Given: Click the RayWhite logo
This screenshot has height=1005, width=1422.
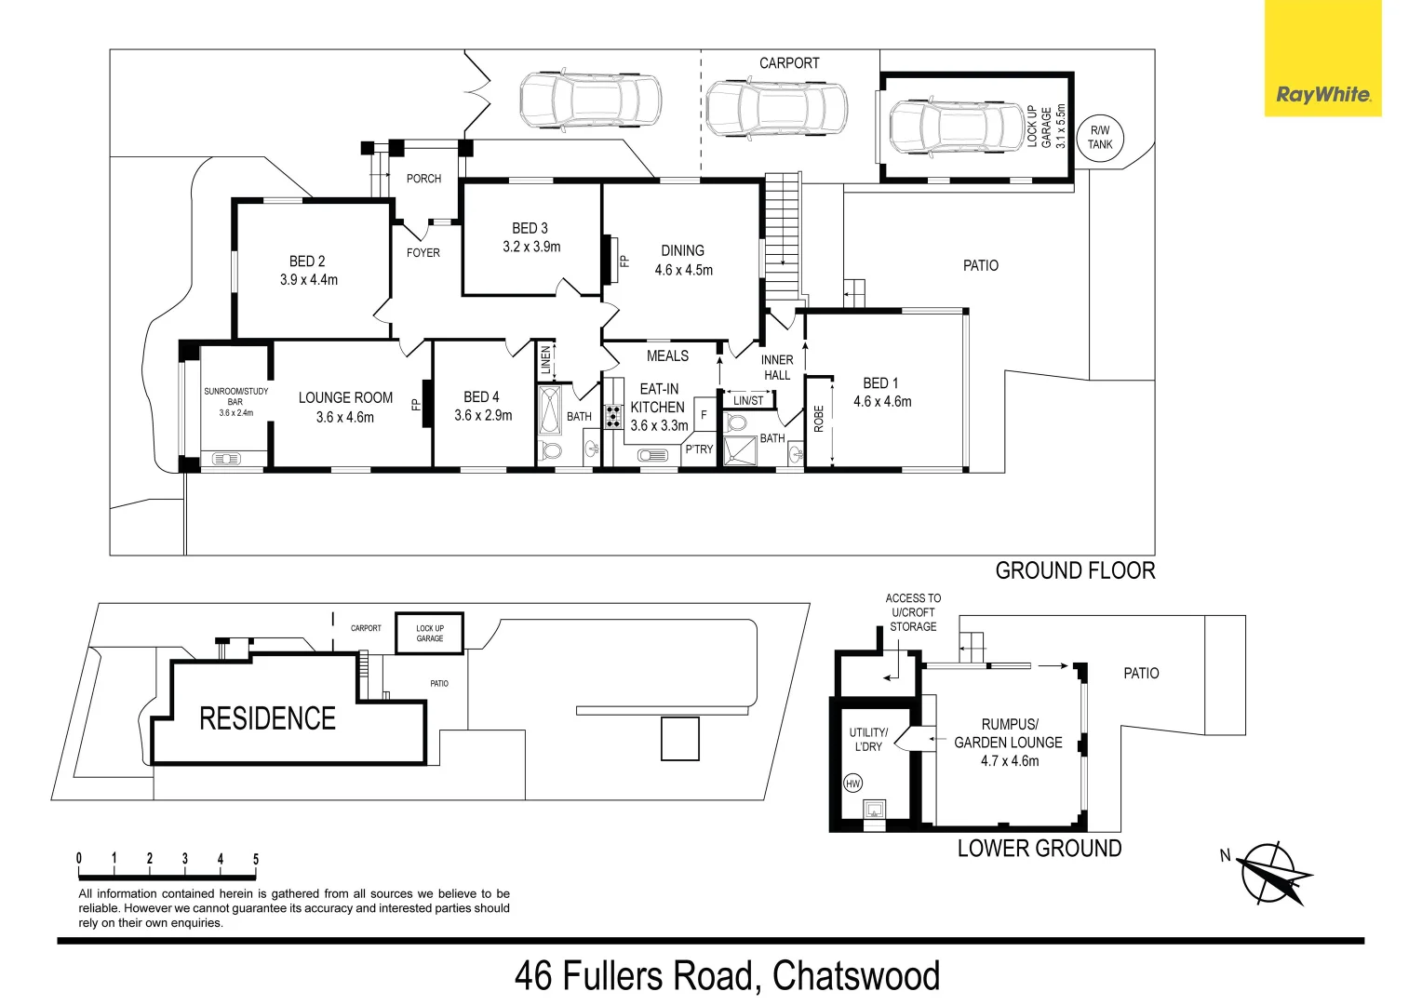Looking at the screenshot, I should click(x=1322, y=94).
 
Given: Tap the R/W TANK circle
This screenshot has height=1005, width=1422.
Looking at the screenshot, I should click(x=1100, y=138).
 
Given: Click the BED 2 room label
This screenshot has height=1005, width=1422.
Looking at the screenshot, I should click(x=307, y=261).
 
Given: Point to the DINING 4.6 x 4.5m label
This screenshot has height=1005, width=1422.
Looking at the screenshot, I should click(x=683, y=261).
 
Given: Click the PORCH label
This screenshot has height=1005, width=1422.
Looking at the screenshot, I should click(x=423, y=179).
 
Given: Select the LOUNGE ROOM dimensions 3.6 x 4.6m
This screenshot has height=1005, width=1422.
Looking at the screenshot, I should click(x=345, y=418).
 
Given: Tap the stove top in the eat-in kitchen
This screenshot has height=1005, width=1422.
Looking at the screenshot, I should click(x=613, y=416).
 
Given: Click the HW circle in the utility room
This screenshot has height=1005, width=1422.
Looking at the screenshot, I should click(x=852, y=784).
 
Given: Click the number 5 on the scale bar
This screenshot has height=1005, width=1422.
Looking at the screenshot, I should click(x=256, y=860).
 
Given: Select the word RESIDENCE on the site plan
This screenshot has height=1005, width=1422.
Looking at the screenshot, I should click(x=267, y=718).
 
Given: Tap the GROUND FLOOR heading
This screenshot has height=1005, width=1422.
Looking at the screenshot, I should click(x=1075, y=570).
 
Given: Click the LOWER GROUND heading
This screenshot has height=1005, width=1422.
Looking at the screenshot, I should click(x=1040, y=848).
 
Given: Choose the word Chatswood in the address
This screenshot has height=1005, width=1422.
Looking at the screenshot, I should click(x=856, y=975).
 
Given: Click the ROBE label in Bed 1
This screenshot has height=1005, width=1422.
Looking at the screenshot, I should click(x=819, y=419).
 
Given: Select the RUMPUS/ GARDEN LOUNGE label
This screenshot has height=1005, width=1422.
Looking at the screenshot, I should click(x=1009, y=733).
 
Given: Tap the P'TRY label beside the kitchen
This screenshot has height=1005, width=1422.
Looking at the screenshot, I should click(x=699, y=449).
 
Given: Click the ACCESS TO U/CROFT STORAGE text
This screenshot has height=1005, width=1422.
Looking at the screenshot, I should click(x=912, y=612).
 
